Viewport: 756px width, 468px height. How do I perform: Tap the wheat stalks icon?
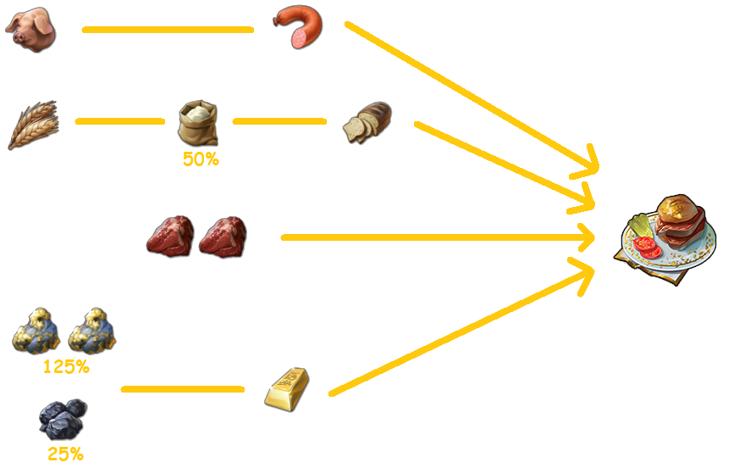pyautogui.click(x=33, y=124)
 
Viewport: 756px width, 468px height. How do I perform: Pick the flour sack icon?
pyautogui.click(x=198, y=123)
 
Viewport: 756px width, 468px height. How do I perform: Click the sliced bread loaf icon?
pyautogui.click(x=368, y=122)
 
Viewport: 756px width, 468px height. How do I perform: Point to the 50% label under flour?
pyautogui.click(x=200, y=159)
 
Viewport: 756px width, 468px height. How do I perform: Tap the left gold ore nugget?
pyautogui.click(x=36, y=331)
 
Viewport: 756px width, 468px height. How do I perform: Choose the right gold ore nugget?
pyautogui.click(x=91, y=331)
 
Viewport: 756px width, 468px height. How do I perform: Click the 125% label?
pyautogui.click(x=66, y=367)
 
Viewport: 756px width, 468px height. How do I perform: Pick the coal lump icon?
pyautogui.click(x=63, y=418)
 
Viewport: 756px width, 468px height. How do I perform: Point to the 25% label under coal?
pyautogui.click(x=65, y=454)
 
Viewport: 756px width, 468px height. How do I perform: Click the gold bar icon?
pyautogui.click(x=287, y=388)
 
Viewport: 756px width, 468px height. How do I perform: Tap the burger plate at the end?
pyautogui.click(x=670, y=237)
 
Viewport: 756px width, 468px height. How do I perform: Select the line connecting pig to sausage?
pyautogui.click(x=168, y=30)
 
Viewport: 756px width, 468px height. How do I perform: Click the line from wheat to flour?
pyautogui.click(x=119, y=121)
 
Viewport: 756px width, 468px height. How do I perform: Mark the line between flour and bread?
pyautogui.click(x=279, y=121)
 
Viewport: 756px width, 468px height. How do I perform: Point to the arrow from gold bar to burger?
pyautogui.click(x=457, y=331)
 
